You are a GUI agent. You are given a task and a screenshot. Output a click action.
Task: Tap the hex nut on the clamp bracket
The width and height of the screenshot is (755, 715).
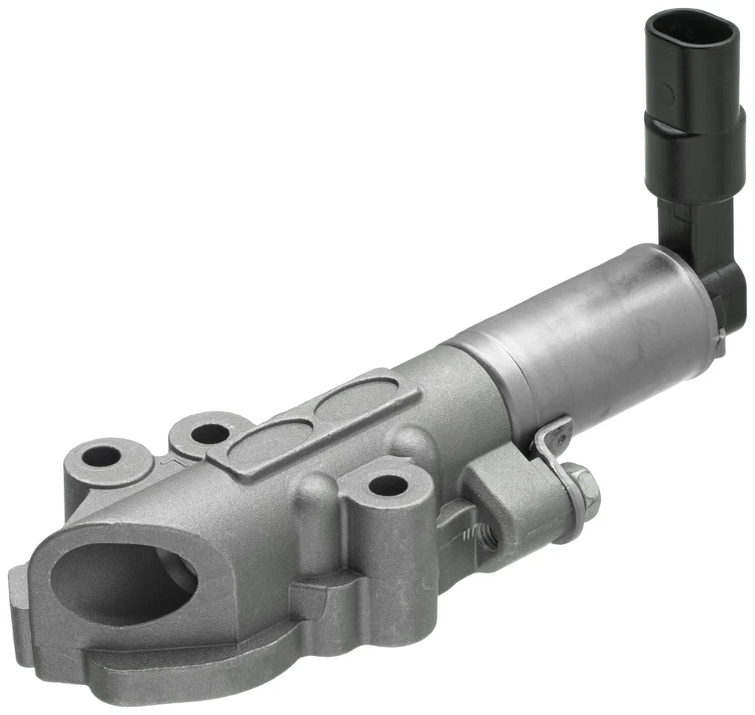click(580, 482)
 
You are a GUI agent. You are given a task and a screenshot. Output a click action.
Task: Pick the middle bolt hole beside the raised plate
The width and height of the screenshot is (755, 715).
click(209, 433)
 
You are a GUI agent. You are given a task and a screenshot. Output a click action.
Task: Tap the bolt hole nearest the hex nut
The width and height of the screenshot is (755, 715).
click(386, 485)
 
